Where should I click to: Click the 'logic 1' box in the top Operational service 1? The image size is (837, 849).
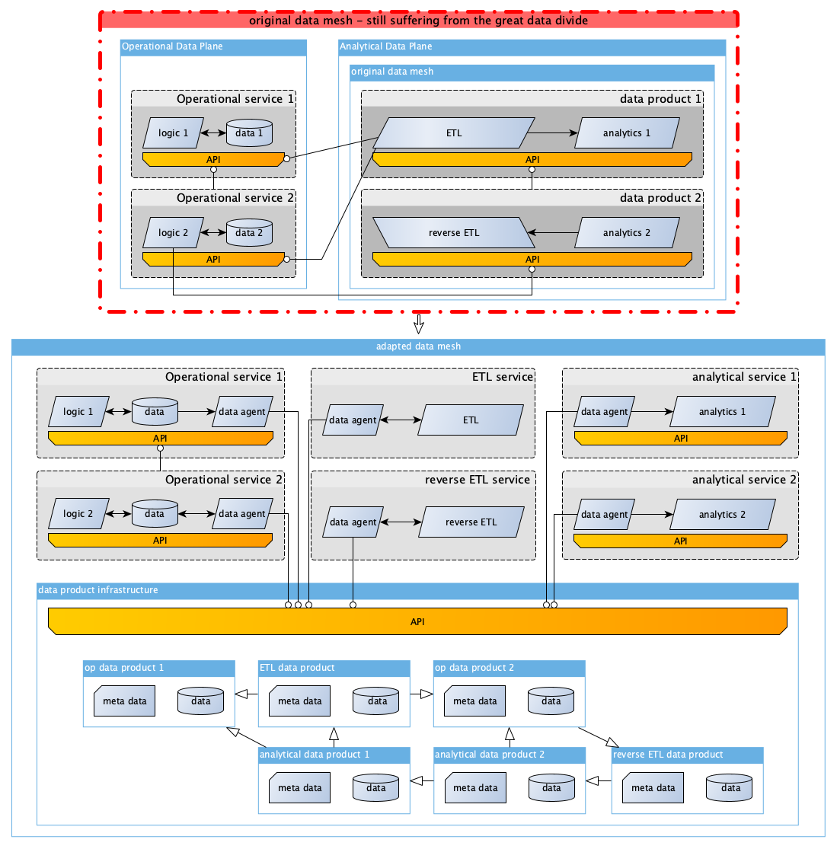point(174,133)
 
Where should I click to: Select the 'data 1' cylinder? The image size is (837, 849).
point(249,132)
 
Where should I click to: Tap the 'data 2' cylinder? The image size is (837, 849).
point(249,232)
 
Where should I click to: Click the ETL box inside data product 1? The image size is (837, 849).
point(454,133)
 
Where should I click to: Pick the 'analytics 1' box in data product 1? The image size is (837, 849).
point(627,133)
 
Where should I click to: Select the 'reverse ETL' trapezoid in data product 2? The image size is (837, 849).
point(454,233)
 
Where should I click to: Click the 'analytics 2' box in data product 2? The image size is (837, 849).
point(627,233)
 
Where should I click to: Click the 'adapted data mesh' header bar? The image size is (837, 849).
point(418,346)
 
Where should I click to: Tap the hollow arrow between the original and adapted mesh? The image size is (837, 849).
point(419,324)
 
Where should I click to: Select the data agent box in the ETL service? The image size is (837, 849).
point(353,420)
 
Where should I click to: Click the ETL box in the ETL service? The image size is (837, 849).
point(471,420)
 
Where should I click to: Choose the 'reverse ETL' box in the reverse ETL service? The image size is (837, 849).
point(471,522)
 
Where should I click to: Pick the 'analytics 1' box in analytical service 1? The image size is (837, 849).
point(723,411)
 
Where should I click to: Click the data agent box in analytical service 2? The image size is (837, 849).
point(604,515)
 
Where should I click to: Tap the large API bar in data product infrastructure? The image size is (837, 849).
point(417,621)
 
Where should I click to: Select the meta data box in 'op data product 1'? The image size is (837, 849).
point(125,701)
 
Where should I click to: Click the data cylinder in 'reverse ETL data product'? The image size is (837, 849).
point(730,788)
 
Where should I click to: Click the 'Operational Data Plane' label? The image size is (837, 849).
point(172,46)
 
